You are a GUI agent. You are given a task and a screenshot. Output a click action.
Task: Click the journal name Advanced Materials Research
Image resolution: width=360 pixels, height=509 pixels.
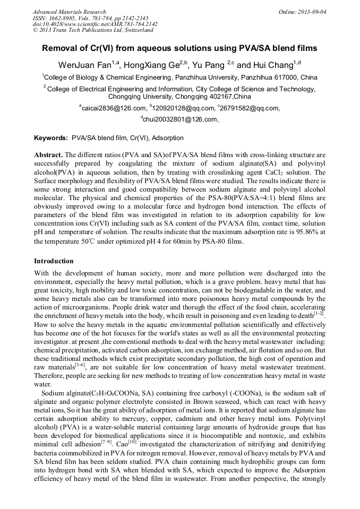[x=69, y=12]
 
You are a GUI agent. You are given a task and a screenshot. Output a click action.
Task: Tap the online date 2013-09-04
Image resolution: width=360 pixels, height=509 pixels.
[x=312, y=12]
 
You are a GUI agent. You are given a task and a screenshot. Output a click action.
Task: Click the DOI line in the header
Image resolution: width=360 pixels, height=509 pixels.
[x=95, y=24]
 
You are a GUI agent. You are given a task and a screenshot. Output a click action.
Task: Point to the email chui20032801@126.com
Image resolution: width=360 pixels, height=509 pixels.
[x=181, y=119]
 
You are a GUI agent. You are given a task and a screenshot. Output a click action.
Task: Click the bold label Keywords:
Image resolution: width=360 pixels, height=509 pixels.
[x=51, y=138]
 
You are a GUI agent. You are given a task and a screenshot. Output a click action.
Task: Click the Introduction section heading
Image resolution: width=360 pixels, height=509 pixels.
[x=54, y=261]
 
